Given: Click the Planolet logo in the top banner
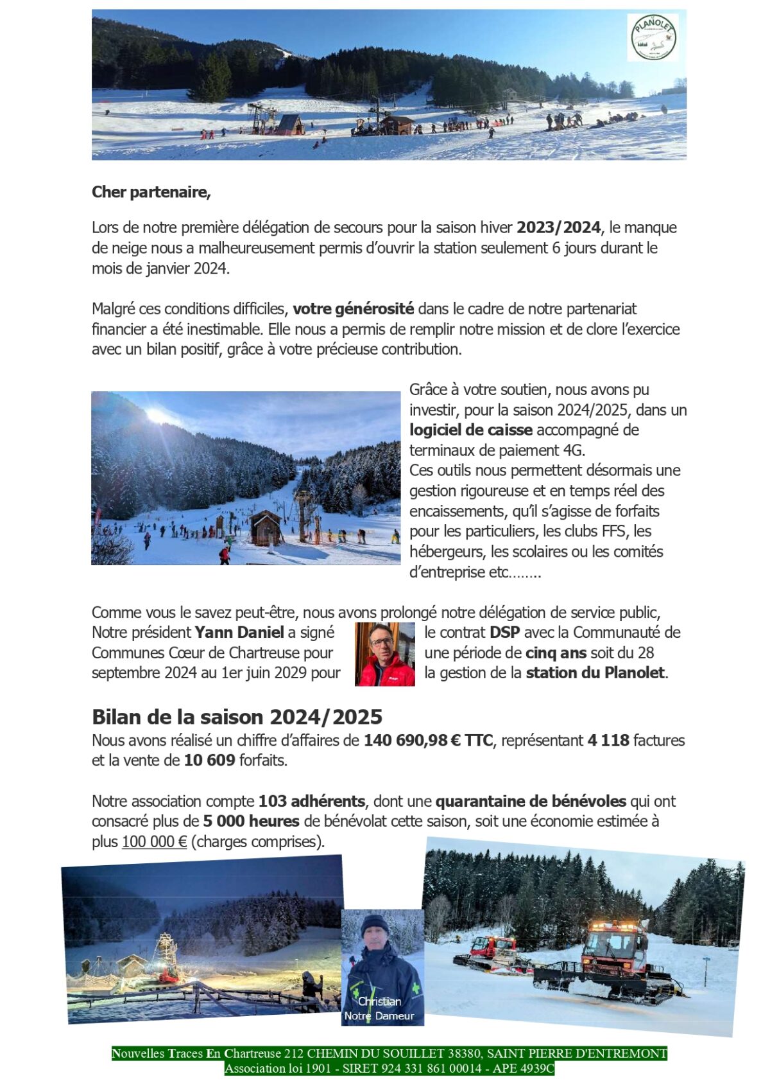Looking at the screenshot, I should [x=653, y=38].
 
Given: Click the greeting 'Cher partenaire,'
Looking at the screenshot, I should [x=151, y=192].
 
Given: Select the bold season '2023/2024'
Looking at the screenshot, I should [x=559, y=227].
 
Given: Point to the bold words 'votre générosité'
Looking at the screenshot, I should [x=354, y=309].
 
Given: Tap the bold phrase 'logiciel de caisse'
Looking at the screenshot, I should [x=471, y=430].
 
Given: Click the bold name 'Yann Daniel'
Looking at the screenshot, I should [x=239, y=633].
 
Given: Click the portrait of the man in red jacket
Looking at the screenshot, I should [x=384, y=654].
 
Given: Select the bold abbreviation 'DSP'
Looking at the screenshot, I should [x=504, y=633].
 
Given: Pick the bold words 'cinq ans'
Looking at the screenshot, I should [x=556, y=653].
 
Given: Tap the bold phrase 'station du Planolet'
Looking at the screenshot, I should [x=595, y=673].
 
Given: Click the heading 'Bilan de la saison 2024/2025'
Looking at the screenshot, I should [x=237, y=717].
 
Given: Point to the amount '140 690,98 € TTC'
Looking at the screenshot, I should [x=428, y=741].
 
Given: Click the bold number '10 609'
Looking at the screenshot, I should [x=210, y=760].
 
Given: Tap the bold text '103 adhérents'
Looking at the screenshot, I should [x=312, y=802].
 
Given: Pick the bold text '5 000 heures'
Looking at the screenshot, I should [x=252, y=822].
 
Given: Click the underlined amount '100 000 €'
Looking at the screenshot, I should [x=154, y=841].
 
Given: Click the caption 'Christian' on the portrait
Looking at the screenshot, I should [x=380, y=1001].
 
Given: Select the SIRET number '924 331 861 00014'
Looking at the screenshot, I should [x=429, y=1068].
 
